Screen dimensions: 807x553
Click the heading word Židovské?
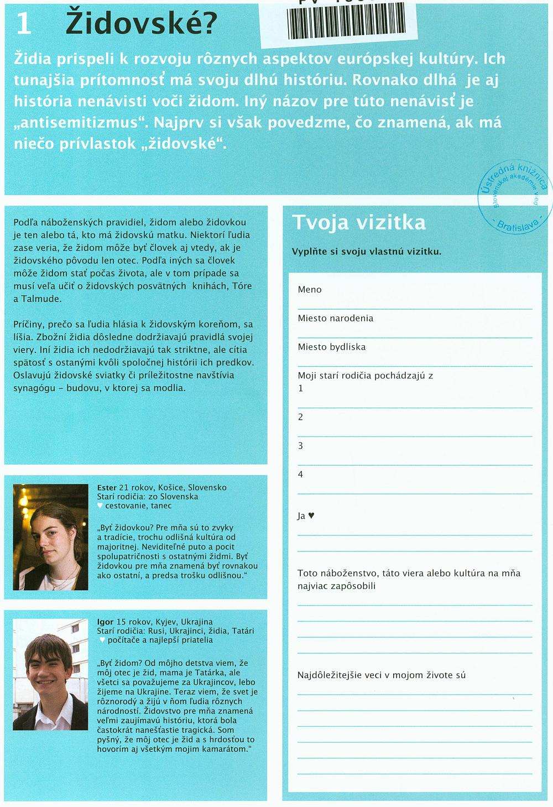[x=141, y=23]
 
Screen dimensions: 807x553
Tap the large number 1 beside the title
[x=23, y=24]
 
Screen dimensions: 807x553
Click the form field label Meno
[x=309, y=289]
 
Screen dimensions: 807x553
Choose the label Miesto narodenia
[x=335, y=318]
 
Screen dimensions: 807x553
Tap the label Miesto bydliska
[x=331, y=347]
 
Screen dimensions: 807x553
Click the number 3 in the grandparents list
[x=301, y=445]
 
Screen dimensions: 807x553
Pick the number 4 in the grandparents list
[x=301, y=474]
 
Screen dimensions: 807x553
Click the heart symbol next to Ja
[x=311, y=516]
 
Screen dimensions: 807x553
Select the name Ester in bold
[x=107, y=487]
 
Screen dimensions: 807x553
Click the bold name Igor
[x=105, y=622]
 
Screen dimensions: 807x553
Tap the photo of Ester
[x=50, y=537]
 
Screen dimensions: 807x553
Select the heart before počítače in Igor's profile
[x=101, y=640]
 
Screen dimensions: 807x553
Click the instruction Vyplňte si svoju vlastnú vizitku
[x=366, y=251]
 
